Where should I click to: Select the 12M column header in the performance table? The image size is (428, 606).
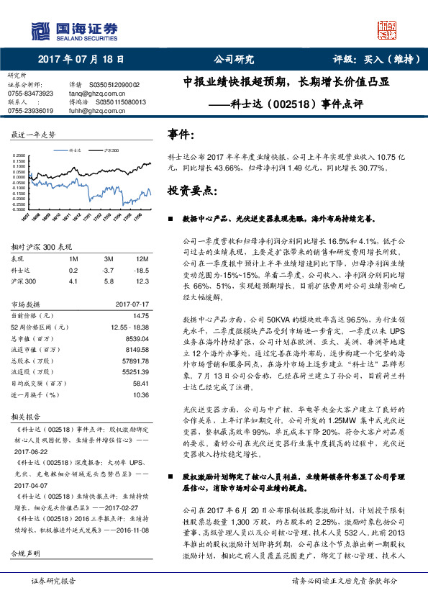pyautogui.click(x=142, y=258)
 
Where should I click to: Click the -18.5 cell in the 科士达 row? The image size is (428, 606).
pyautogui.click(x=142, y=270)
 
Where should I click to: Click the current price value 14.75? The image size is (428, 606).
pyautogui.click(x=141, y=316)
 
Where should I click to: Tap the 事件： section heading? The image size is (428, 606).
pyautogui.click(x=181, y=135)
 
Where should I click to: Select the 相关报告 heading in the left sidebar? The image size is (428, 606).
pyautogui.click(x=29, y=417)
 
